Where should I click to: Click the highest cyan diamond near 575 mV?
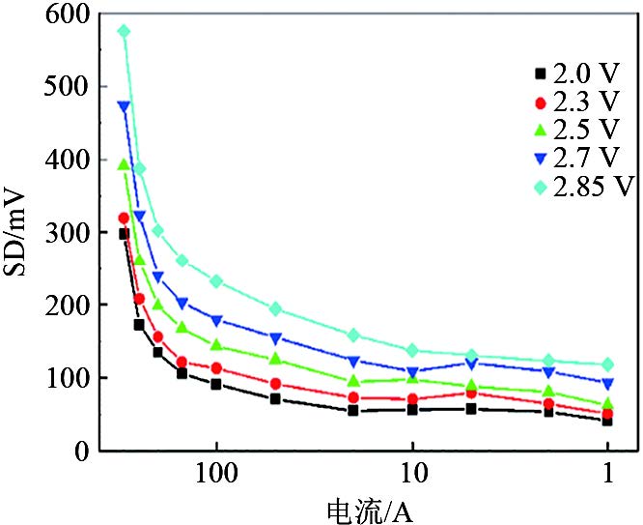[124, 31]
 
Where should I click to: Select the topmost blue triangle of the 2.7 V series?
[124, 106]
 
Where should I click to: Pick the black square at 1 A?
[608, 421]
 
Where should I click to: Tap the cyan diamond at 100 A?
[216, 281]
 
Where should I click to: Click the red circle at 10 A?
[412, 399]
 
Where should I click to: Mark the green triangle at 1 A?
[608, 404]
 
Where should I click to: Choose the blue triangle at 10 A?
[412, 372]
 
